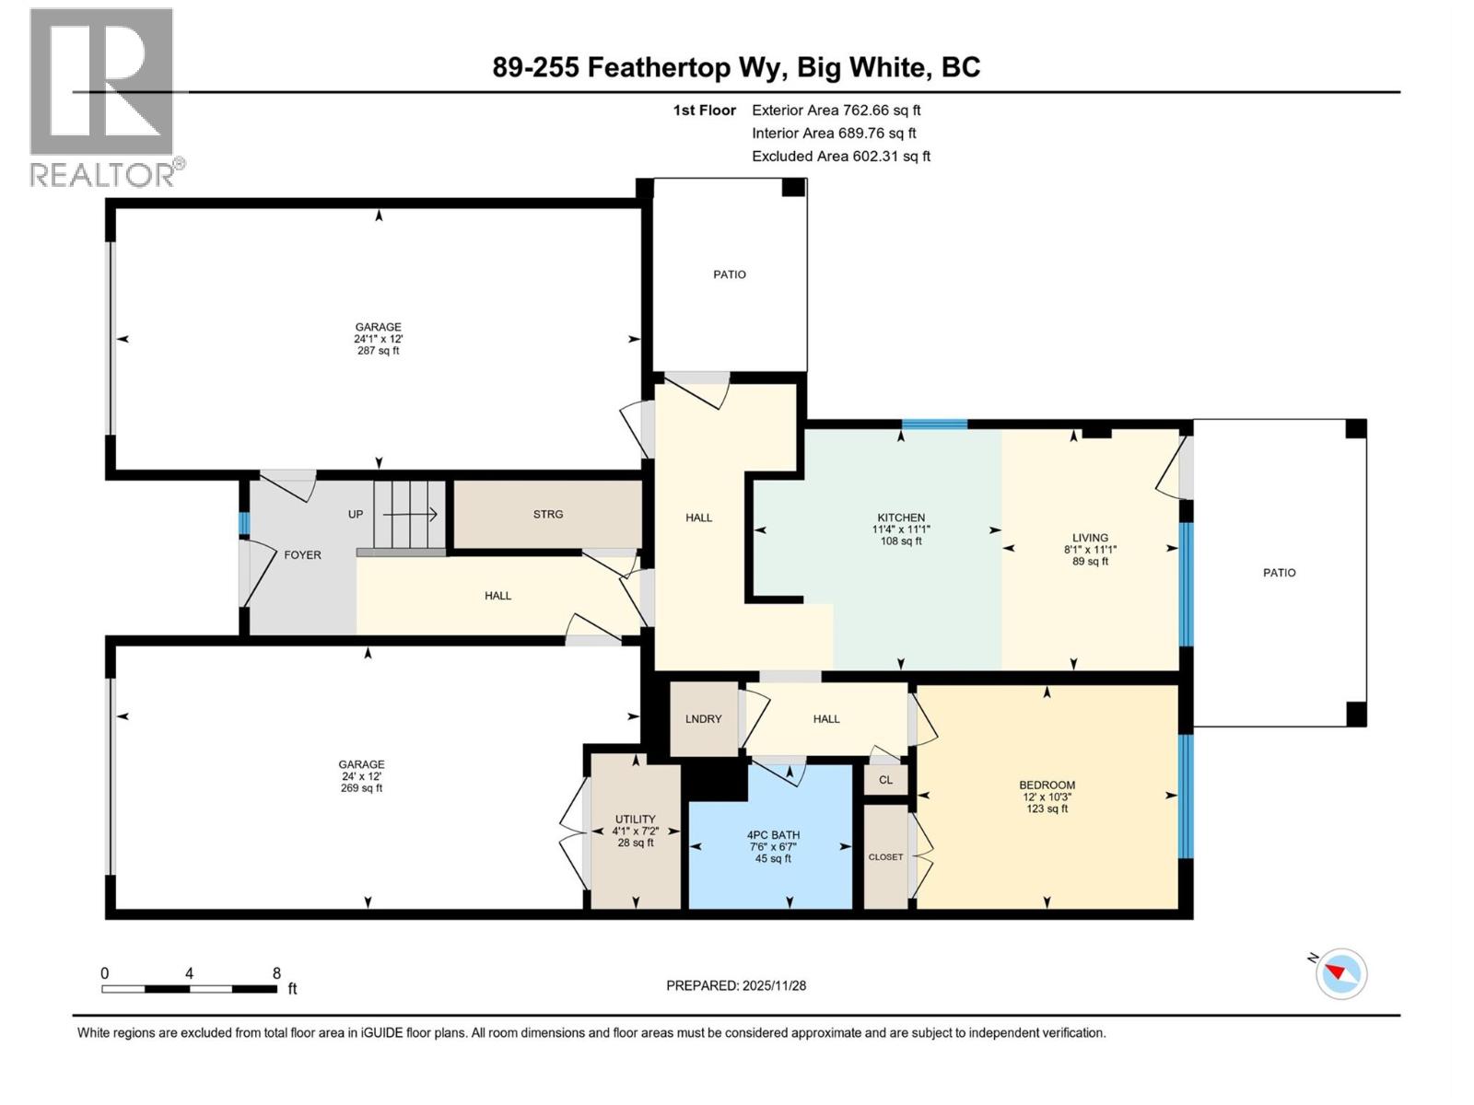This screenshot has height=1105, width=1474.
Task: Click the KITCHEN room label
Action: point(900,518)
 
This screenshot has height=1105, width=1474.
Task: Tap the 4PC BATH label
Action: point(773,835)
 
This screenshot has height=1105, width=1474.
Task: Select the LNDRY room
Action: point(703,719)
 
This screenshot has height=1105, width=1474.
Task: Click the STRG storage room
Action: point(547,515)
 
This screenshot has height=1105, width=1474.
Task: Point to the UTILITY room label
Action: point(635,820)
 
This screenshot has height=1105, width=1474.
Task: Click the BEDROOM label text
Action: point(1047,785)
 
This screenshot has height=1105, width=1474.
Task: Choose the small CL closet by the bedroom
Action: point(885,780)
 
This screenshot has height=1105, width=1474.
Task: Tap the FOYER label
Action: point(302,555)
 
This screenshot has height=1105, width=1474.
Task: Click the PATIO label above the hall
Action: point(730,274)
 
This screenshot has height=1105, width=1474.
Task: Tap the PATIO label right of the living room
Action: point(1279,573)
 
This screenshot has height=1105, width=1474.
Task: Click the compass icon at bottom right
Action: point(1341,973)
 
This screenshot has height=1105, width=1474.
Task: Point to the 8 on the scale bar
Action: point(276,973)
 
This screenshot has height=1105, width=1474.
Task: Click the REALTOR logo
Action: point(103,97)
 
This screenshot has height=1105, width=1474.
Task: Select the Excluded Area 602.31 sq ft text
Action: point(840,157)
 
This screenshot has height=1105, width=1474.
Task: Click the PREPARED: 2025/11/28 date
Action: point(736,985)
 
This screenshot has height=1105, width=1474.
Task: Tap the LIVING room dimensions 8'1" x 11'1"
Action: point(1090,550)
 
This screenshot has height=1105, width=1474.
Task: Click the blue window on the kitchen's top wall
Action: point(934,425)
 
